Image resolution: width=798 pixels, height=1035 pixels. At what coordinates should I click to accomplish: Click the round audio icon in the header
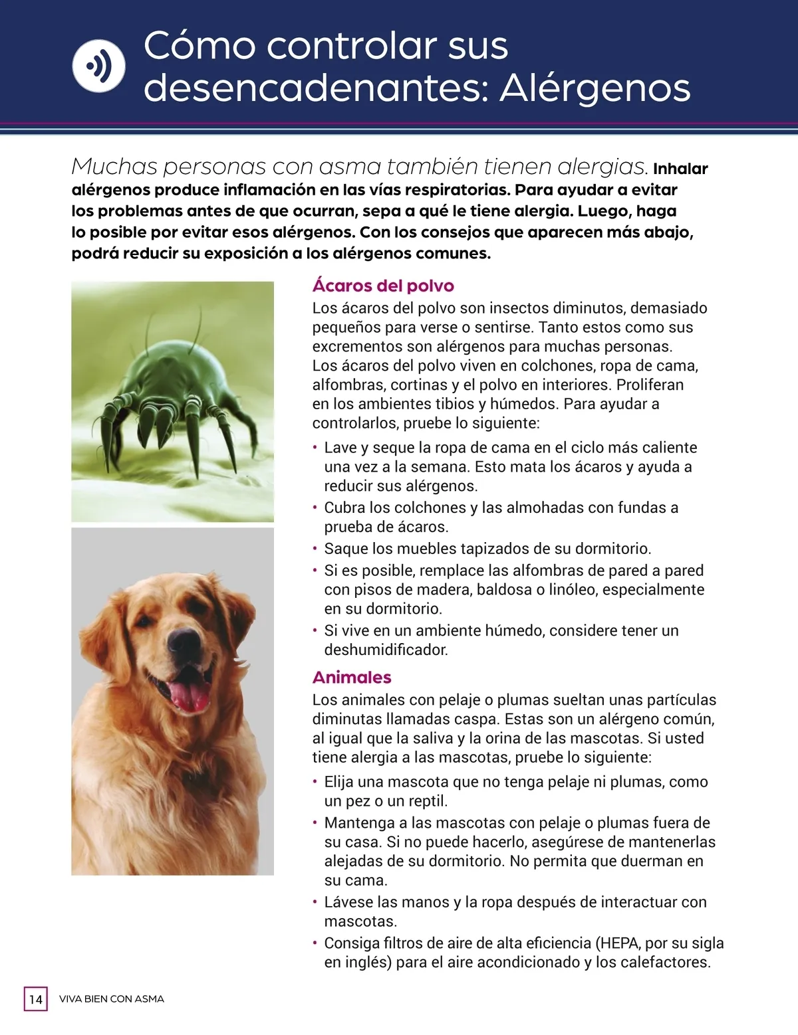(x=98, y=66)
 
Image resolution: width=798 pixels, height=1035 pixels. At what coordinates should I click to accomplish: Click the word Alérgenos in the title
(x=595, y=88)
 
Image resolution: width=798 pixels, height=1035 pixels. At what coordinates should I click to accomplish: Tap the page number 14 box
(x=36, y=998)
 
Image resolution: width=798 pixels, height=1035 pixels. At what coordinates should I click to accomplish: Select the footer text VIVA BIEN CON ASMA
(x=112, y=999)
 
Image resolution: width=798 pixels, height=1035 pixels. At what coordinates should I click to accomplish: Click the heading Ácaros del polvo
(x=383, y=286)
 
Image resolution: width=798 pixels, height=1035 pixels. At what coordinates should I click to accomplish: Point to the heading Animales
(x=352, y=678)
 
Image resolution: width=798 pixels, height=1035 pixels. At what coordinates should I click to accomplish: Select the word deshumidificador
(x=386, y=650)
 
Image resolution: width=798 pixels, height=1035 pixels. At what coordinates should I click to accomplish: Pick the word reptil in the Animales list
(x=426, y=801)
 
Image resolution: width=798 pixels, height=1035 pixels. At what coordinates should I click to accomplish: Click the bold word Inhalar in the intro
(x=680, y=169)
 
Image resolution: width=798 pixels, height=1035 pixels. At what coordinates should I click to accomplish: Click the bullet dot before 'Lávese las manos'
(x=315, y=902)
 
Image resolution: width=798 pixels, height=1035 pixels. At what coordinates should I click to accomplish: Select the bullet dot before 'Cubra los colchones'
(x=315, y=508)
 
